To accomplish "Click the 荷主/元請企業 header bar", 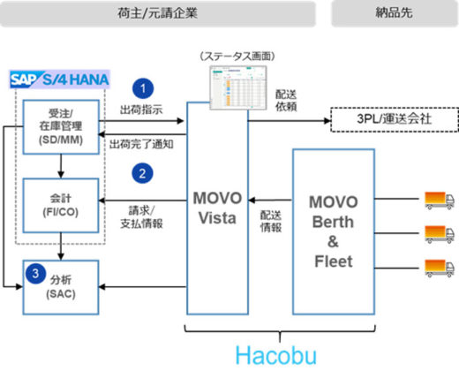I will point(160,13).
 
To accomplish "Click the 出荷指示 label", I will point(140,110).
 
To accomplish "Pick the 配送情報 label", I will point(270,220).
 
